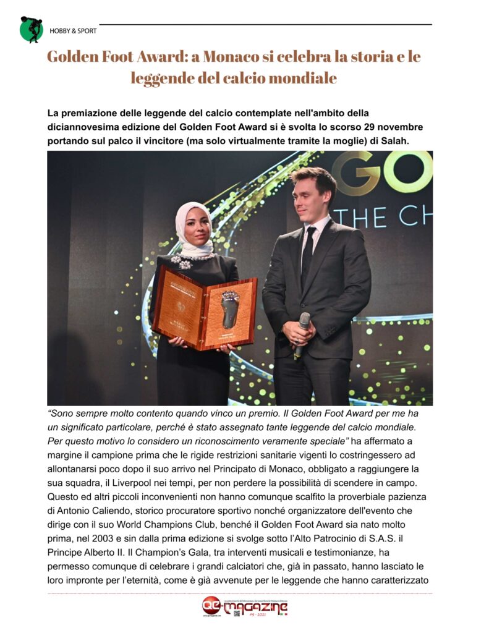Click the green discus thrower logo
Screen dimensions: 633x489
(x=32, y=29)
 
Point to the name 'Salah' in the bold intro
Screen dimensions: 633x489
(x=396, y=140)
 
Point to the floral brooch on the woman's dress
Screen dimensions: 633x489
(x=183, y=261)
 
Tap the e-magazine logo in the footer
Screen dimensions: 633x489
(x=245, y=607)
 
